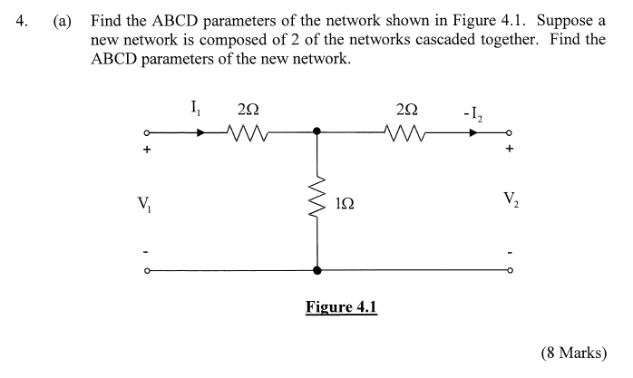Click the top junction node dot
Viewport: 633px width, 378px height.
[x=316, y=132]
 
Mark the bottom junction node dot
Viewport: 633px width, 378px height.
[x=316, y=270]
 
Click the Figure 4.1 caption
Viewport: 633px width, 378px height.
[x=341, y=306]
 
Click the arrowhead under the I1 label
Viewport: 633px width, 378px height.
[x=200, y=132]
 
